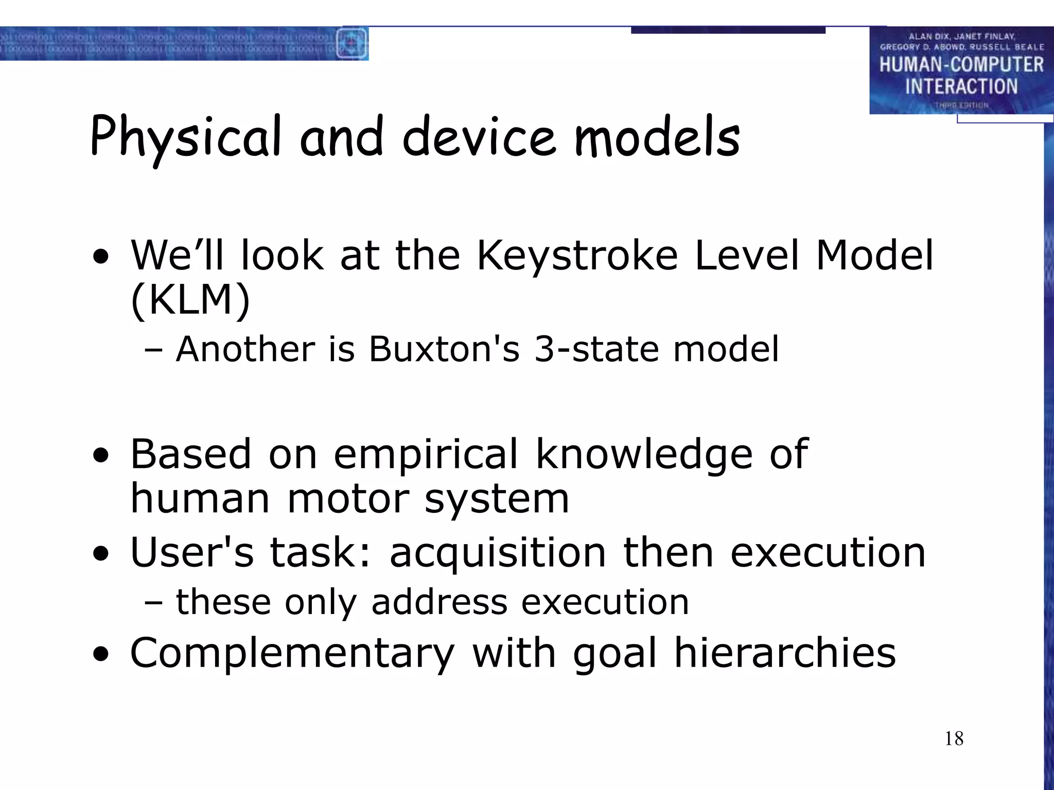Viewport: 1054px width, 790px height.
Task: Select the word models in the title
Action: point(657,137)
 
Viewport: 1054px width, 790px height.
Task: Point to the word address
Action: point(439,602)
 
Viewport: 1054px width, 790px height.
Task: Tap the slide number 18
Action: point(954,739)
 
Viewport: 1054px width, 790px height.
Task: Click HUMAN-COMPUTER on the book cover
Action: point(961,65)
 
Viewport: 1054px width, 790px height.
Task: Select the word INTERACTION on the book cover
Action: point(961,86)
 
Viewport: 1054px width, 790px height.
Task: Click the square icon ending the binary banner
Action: point(352,43)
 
